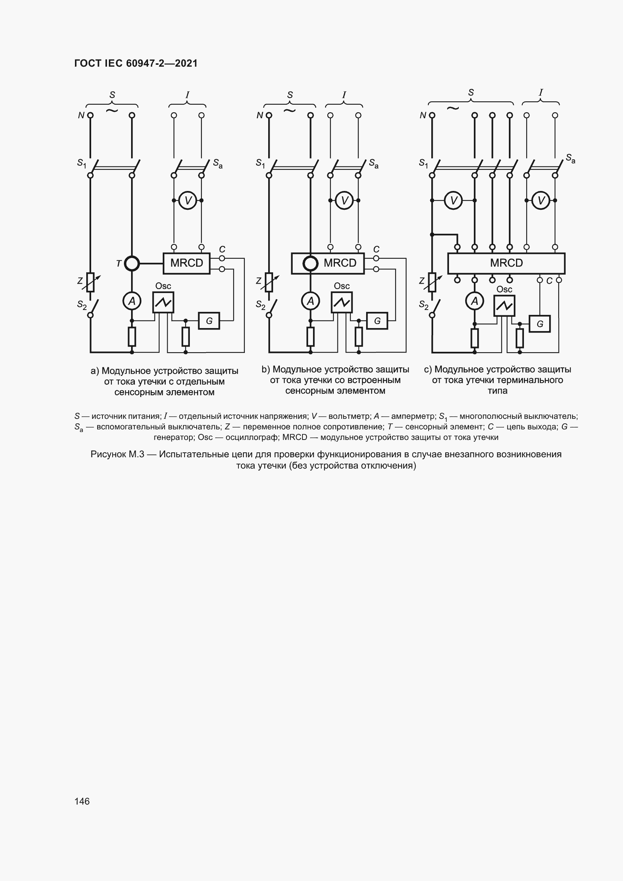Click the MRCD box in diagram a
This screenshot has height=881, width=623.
pyautogui.click(x=186, y=263)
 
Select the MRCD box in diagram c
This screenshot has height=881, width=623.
pyautogui.click(x=506, y=263)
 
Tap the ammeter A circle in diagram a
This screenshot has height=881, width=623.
pyautogui.click(x=131, y=301)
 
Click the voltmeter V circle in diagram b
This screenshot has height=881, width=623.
pyautogui.click(x=344, y=200)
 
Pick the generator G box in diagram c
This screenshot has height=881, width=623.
pyautogui.click(x=539, y=324)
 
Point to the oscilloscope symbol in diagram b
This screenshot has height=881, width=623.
pyautogui.click(x=341, y=302)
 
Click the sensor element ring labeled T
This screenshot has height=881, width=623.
pyautogui.click(x=132, y=264)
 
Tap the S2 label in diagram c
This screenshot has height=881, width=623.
pyautogui.click(x=423, y=305)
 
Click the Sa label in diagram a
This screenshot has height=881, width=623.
pyautogui.click(x=217, y=164)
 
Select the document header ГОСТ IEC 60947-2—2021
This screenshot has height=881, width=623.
pyautogui.click(x=136, y=63)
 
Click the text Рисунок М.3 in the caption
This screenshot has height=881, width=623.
pyautogui.click(x=117, y=454)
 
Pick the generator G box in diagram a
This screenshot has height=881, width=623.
pyautogui.click(x=209, y=321)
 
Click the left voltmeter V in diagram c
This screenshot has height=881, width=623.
pyautogui.click(x=454, y=200)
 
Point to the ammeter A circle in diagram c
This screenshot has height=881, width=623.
pyautogui.click(x=475, y=301)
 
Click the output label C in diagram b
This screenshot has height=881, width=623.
pyautogui.click(x=376, y=249)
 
